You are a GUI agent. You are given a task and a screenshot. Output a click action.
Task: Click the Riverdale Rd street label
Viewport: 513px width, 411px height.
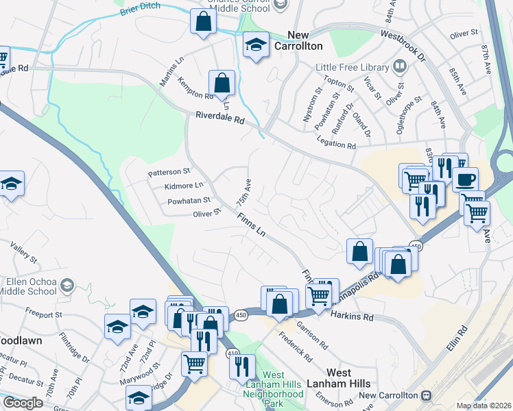(219, 119)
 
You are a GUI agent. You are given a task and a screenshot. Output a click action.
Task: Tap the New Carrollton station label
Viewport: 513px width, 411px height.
(388, 395)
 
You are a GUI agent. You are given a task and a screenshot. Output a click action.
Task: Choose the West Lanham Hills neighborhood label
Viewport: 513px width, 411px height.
(349, 378)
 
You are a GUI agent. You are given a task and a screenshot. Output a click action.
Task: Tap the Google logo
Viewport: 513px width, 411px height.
(23, 403)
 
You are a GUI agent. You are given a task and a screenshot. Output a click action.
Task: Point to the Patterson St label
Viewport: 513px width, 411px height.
(169, 173)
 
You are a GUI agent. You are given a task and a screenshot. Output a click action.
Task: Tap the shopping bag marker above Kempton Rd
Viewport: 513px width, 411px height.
(222, 85)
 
